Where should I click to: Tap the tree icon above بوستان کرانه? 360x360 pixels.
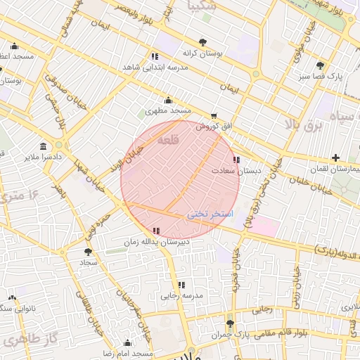click(x=202, y=42)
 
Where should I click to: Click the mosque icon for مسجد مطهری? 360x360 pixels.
click(x=167, y=100)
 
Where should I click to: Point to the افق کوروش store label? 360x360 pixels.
click(x=214, y=127)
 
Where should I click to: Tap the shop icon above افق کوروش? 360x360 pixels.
click(x=214, y=116)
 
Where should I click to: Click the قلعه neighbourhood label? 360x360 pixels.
click(x=168, y=141)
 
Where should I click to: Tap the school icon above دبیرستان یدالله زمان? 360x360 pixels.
click(x=155, y=231)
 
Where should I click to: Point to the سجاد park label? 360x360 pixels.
click(x=88, y=262)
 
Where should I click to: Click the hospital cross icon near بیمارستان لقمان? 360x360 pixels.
click(x=336, y=157)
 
